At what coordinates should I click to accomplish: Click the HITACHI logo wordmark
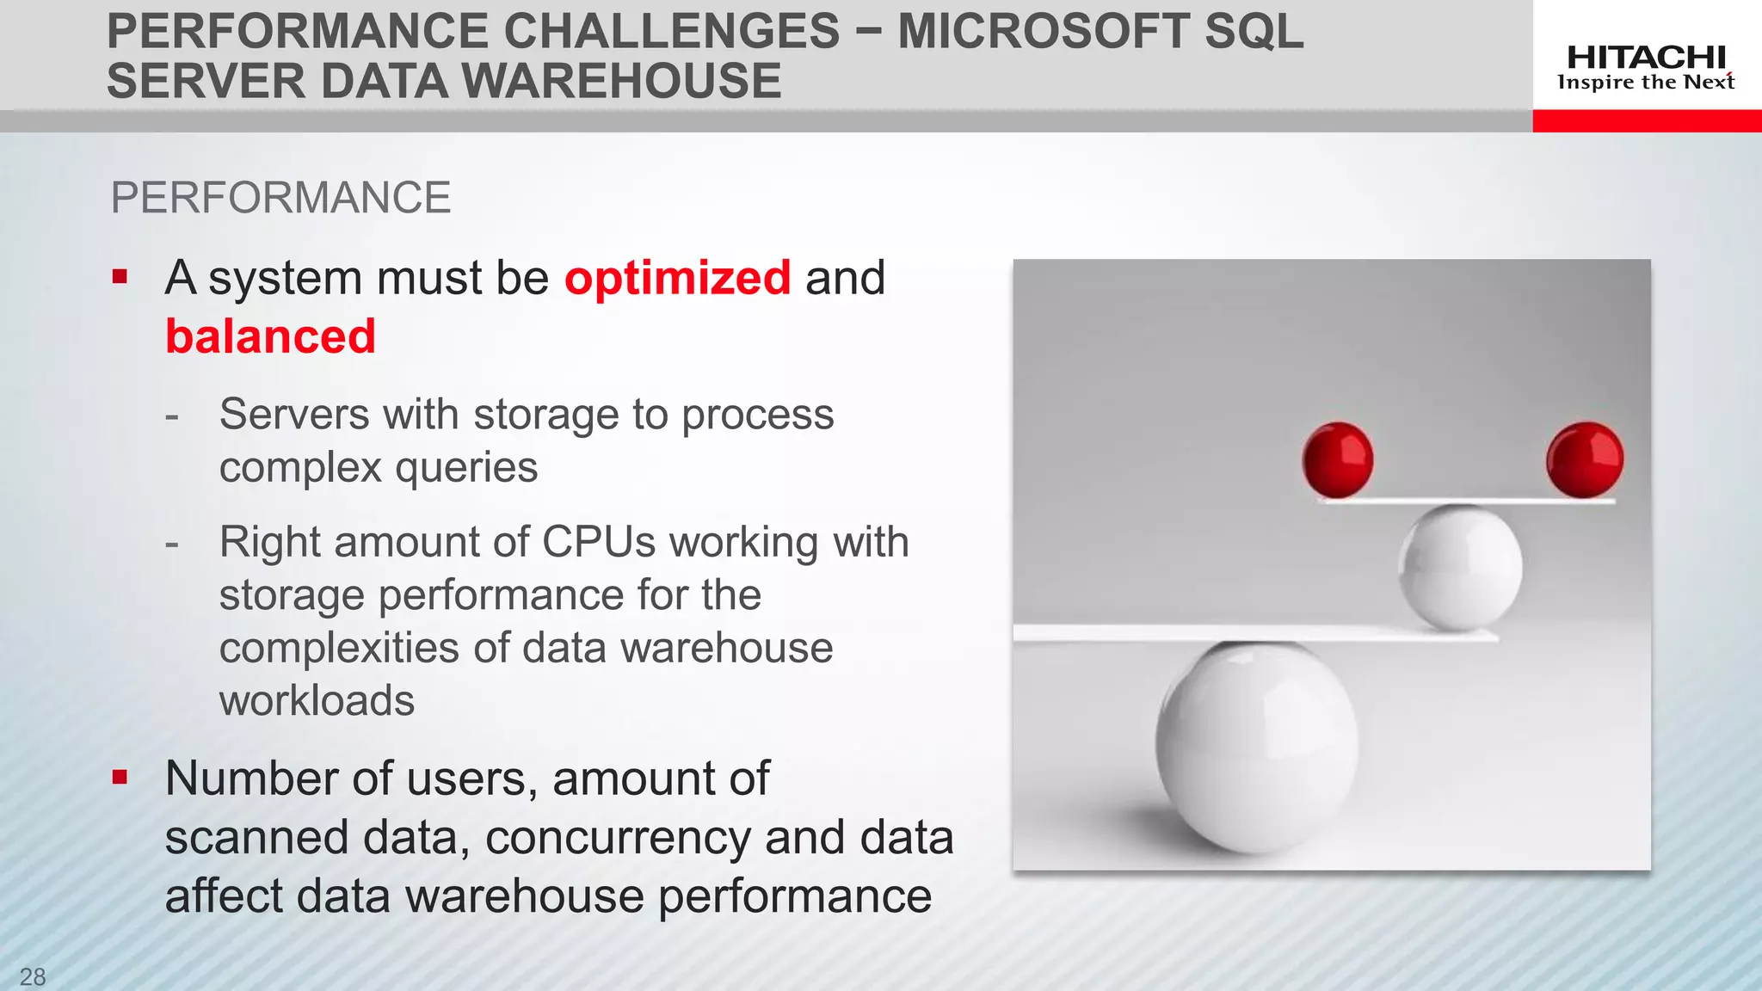pos(1646,58)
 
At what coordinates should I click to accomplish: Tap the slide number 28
pos(33,976)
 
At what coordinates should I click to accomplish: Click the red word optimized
pos(677,278)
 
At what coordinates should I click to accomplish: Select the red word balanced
pos(270,336)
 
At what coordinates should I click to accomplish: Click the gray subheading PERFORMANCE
pos(280,198)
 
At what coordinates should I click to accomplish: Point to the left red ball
pos(1337,460)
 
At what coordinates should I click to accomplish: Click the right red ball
pos(1584,460)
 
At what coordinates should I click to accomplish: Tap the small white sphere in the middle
pos(1460,568)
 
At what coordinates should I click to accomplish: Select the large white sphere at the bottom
pos(1257,747)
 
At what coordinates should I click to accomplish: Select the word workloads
pos(317,700)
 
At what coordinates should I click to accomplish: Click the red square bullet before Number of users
pos(120,778)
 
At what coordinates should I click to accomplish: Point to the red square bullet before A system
pos(120,277)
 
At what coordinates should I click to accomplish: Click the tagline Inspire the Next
pos(1645,83)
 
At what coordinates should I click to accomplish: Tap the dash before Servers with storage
pos(172,416)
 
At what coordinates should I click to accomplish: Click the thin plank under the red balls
pos(1466,501)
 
